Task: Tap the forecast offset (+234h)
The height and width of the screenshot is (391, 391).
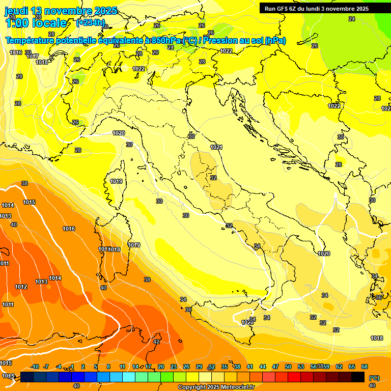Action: [x=91, y=22]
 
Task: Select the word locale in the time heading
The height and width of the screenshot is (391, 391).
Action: [x=49, y=23]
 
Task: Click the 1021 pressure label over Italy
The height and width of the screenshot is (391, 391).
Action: [x=216, y=147]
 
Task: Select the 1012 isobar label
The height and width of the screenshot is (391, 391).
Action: [x=21, y=287]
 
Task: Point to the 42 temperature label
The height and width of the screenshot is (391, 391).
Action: [x=156, y=342]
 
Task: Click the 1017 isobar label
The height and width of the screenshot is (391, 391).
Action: [x=33, y=56]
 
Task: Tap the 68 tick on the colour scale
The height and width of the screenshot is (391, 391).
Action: [x=365, y=367]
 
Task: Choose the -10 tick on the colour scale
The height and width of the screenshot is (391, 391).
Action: [x=35, y=367]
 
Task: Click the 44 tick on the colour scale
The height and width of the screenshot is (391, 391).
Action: [x=263, y=367]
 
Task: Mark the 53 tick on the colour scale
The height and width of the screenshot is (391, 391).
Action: [x=301, y=367]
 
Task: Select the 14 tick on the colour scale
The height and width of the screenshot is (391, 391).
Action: [x=135, y=367]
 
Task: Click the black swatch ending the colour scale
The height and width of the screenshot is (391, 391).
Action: [x=358, y=377]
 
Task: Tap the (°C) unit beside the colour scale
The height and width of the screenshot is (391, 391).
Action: [x=374, y=377]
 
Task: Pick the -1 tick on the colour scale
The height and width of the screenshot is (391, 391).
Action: [x=71, y=367]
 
